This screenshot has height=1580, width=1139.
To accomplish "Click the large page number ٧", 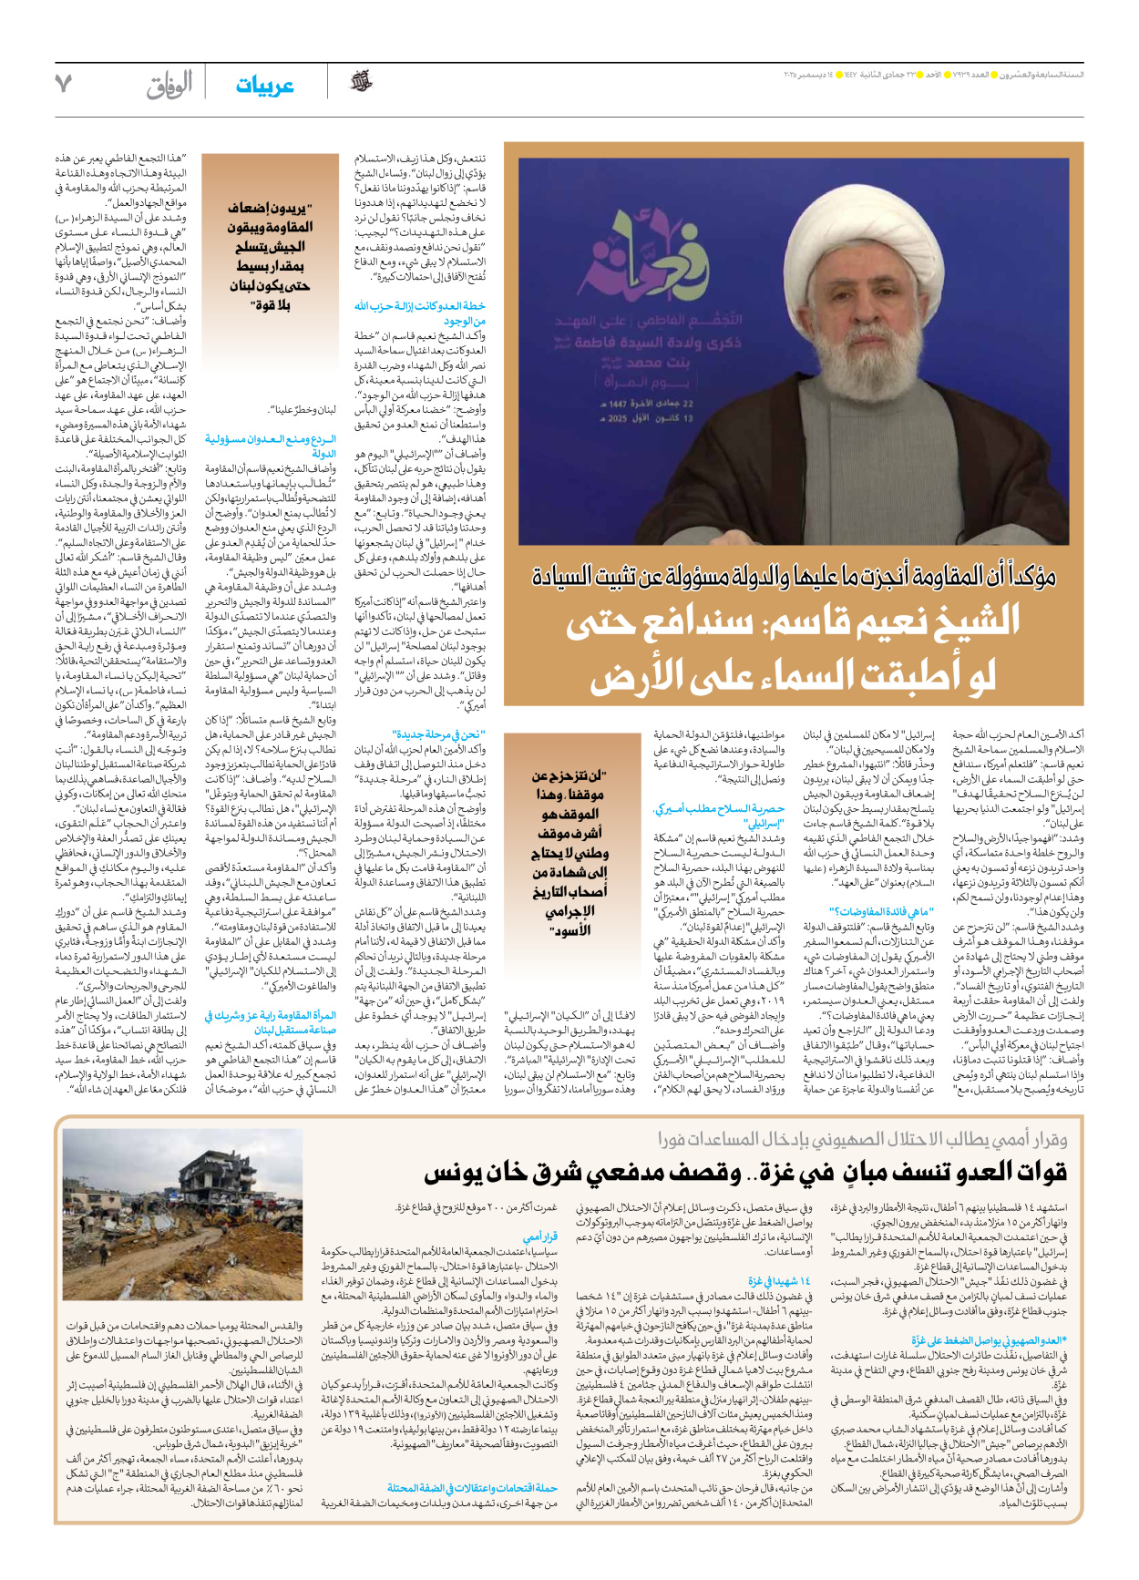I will click(x=63, y=85).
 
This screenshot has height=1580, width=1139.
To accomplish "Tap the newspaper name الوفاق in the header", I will click(x=169, y=86).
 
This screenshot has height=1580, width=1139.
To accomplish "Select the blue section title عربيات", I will click(x=264, y=86).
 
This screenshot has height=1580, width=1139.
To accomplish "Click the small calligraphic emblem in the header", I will click(x=362, y=83).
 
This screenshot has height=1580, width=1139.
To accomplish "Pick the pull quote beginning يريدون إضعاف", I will click(x=269, y=256).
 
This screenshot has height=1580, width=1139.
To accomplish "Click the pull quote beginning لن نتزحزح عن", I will click(x=569, y=852).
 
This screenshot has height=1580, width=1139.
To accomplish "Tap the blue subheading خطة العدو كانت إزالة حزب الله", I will click(x=420, y=313).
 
